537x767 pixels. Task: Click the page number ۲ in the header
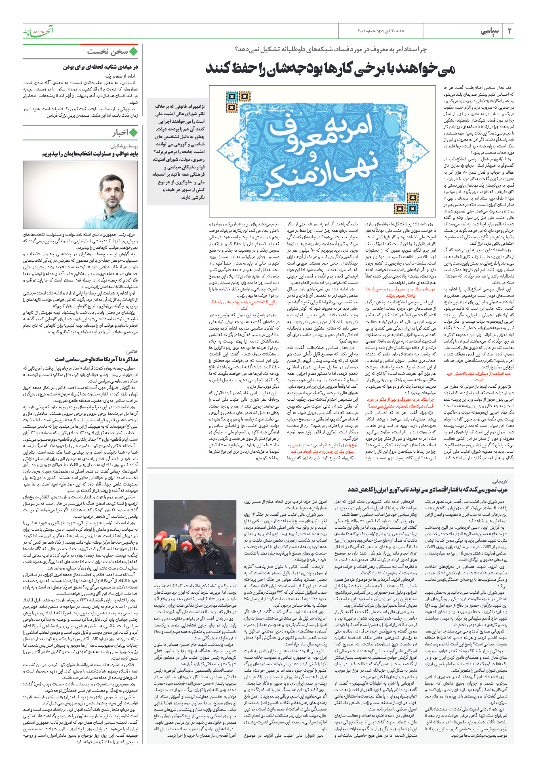coord(510,31)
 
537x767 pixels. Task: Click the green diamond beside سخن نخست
coord(134,52)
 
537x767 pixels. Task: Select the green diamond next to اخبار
coord(134,132)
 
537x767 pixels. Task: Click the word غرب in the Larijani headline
coord(502,490)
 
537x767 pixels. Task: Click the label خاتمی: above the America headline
coord(132,351)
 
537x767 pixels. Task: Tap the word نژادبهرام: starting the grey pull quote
coord(196,106)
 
